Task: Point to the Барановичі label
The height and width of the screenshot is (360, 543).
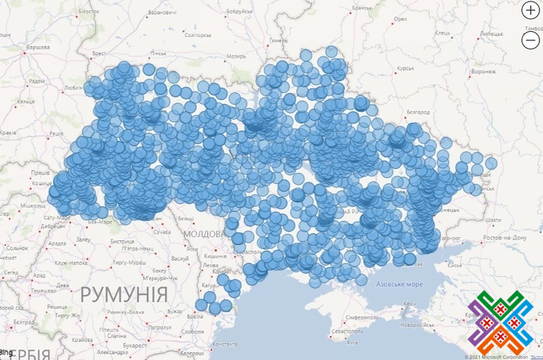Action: (161, 12)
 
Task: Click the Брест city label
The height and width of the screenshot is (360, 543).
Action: (99, 54)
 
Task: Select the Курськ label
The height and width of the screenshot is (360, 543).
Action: (405, 68)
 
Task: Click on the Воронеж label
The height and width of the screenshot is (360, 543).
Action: (483, 72)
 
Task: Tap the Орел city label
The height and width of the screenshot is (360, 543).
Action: (400, 19)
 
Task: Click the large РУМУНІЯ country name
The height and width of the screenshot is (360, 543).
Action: (124, 294)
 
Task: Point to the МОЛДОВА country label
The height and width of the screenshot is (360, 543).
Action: (207, 234)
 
